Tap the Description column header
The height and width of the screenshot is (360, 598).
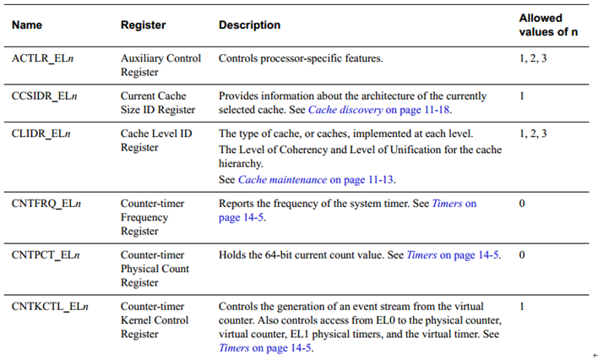point(249,25)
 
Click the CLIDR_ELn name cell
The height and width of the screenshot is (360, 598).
point(43,134)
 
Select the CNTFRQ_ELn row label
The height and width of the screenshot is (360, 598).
point(48,205)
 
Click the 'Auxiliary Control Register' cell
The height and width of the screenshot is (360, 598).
point(160,66)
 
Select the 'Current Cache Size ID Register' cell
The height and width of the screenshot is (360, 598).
point(158,103)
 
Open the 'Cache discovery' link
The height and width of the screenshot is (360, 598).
point(345,110)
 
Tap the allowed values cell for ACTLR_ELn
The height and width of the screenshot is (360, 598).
point(533,59)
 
